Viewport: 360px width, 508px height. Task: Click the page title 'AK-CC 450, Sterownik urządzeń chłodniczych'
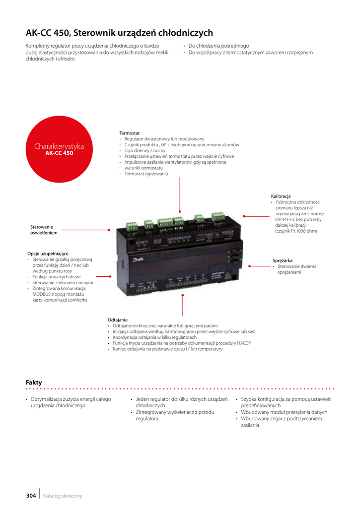tap(119, 33)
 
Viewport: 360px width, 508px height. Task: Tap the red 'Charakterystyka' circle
tap(59, 149)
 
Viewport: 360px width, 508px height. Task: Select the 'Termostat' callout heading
tap(129, 133)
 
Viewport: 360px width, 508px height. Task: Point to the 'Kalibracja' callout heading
tap(281, 196)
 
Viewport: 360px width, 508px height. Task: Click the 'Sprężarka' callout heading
tap(283, 260)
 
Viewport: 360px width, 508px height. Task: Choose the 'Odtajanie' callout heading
tap(118, 320)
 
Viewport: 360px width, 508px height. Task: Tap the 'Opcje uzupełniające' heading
tap(48, 254)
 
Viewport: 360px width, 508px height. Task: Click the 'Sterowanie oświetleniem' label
tap(44, 230)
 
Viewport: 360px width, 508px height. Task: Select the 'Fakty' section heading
tap(34, 382)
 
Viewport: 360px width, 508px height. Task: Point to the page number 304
tap(31, 496)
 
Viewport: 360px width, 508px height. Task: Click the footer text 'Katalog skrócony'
tap(63, 496)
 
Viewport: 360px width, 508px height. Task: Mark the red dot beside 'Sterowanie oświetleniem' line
tap(109, 230)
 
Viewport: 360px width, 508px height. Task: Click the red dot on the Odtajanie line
tap(183, 296)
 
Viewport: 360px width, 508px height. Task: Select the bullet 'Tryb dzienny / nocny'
tap(145, 151)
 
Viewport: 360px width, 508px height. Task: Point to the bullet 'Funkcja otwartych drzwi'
tap(57, 277)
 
